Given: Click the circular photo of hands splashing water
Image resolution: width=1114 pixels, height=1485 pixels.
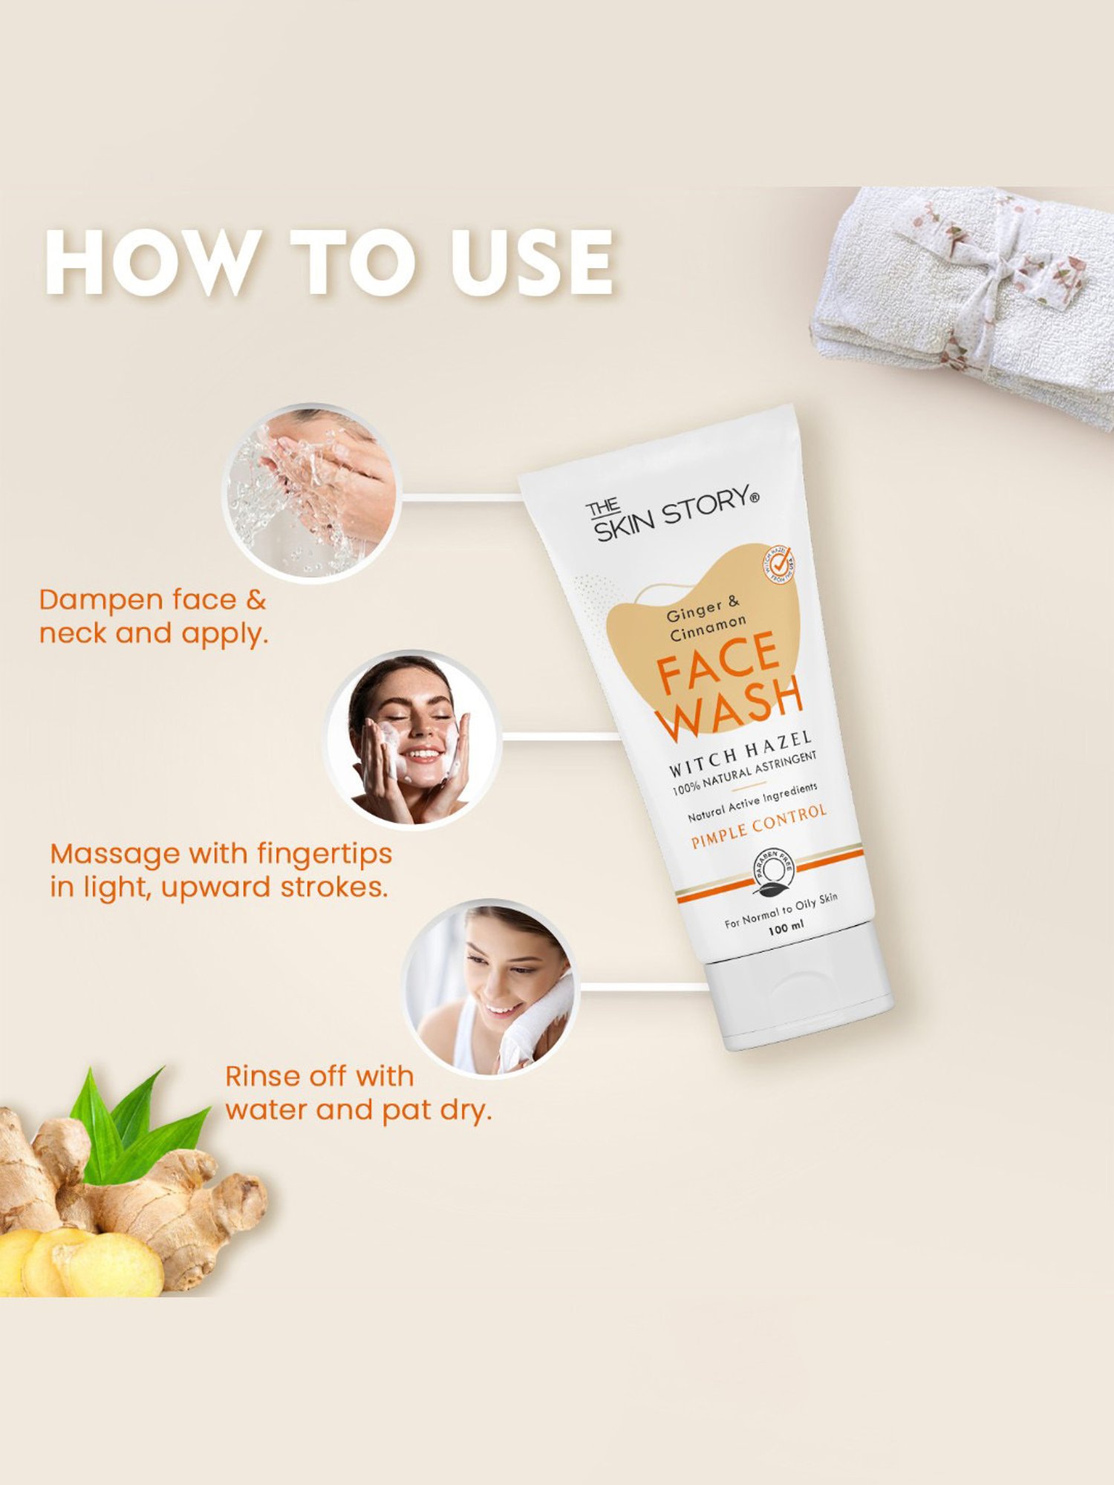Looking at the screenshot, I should pyautogui.click(x=312, y=493).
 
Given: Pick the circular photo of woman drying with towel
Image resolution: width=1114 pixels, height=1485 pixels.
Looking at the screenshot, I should pyautogui.click(x=490, y=988).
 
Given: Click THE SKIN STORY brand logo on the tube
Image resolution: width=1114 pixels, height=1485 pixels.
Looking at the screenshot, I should pyautogui.click(x=671, y=512).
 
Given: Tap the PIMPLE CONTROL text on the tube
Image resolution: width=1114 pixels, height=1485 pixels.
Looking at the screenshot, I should pyautogui.click(x=758, y=826).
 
